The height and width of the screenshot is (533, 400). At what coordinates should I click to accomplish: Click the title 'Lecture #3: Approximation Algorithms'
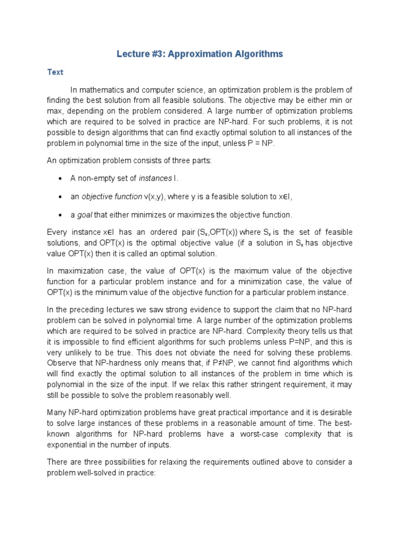tap(199, 54)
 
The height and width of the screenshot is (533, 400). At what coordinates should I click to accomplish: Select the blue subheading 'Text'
tap(55, 72)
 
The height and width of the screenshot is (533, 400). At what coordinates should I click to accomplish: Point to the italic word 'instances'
tap(155, 179)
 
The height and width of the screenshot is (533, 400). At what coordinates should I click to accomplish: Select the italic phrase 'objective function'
tap(110, 196)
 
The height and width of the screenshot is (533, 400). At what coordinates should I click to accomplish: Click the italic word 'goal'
tap(85, 214)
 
